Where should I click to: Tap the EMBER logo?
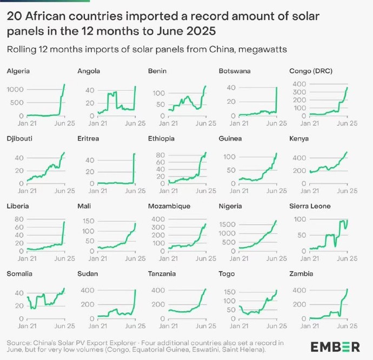pyautogui.click(x=335, y=346)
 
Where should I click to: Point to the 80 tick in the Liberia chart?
pyautogui.click(x=18, y=218)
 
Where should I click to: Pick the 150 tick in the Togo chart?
pyautogui.click(x=229, y=292)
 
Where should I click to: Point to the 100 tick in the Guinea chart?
pyautogui.click(x=230, y=157)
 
